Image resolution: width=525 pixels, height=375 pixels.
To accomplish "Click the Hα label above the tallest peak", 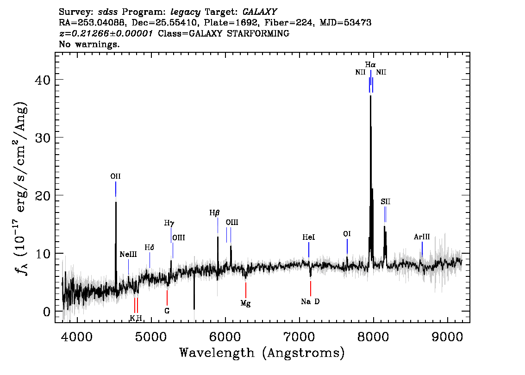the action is coord(370,65).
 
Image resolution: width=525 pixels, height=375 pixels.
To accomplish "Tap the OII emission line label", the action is coord(116,176).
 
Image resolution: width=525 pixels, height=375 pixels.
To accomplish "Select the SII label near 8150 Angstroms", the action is coord(385,201).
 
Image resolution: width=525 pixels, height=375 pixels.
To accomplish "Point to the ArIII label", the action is coord(422,237).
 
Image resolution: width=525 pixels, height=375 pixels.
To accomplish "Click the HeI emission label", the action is coord(309,237).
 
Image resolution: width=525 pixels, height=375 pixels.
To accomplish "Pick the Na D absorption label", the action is coord(310,302).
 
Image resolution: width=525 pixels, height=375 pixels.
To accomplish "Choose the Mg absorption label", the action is coord(245,304).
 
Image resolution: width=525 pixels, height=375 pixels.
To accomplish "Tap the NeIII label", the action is coord(128,255).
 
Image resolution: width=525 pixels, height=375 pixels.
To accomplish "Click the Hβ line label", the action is coord(215,213).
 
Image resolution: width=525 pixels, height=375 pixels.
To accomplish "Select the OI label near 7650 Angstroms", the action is coord(347,234).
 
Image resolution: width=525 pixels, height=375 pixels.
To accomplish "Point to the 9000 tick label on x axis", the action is coord(447,337).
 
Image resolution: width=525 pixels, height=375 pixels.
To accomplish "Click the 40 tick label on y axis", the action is coord(43,80).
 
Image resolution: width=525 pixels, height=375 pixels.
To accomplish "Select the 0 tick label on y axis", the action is coord(47,312).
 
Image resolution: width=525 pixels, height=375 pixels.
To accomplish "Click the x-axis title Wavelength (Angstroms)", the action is coord(262,353).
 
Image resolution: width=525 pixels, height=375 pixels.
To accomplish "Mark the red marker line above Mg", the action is coord(246,290).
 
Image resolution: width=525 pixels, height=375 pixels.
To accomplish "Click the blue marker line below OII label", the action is coord(116,189).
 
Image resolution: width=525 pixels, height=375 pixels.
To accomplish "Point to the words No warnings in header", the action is coord(89,44).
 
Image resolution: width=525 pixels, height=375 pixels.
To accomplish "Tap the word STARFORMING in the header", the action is coord(258,33).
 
